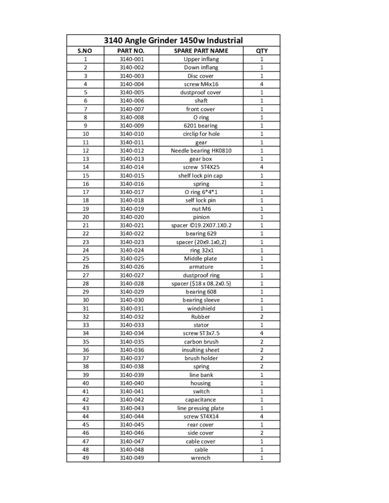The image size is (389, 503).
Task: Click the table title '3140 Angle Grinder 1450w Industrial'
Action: click(174, 40)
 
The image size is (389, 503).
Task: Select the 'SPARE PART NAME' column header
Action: click(201, 51)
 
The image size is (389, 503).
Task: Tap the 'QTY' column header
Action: click(262, 51)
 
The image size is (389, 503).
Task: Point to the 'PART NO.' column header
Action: click(131, 51)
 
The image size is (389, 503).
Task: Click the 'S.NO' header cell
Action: click(85, 51)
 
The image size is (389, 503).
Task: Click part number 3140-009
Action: click(131, 126)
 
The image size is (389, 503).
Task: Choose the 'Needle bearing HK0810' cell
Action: click(201, 150)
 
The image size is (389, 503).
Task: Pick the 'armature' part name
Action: click(201, 267)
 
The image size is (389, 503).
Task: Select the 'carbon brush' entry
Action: click(201, 341)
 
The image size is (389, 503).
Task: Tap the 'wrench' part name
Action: click(201, 458)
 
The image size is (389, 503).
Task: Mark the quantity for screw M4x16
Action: click(262, 84)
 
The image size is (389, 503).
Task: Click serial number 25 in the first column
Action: click(85, 258)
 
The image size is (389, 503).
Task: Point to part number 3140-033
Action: click(131, 325)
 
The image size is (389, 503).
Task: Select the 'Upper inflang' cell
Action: click(201, 59)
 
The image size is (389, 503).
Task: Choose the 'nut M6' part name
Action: click(201, 209)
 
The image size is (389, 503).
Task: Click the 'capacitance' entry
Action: click(201, 400)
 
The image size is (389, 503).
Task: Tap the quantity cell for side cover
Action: click(262, 433)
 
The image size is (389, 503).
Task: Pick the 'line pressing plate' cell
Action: click(201, 408)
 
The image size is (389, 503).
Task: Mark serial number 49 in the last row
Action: click(85, 458)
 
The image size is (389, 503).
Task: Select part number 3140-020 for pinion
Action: click(131, 217)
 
